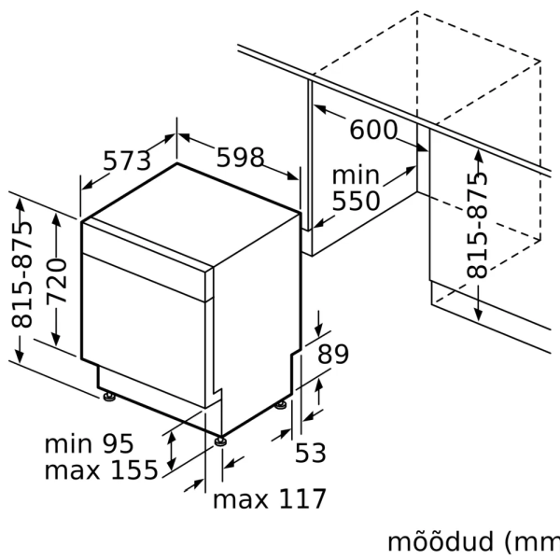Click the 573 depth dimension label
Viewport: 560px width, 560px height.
(x=126, y=161)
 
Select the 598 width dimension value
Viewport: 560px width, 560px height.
(x=240, y=157)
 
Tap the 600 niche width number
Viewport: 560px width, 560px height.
(x=372, y=130)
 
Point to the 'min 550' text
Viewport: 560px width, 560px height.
(x=356, y=189)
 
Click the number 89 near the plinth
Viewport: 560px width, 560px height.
(x=332, y=355)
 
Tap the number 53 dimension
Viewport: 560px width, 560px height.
(x=311, y=453)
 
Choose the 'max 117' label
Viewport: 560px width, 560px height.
(x=270, y=499)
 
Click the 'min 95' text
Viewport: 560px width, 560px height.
(x=89, y=443)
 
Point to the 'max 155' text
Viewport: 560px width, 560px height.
(x=101, y=470)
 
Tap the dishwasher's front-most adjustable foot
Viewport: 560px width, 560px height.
(x=219, y=440)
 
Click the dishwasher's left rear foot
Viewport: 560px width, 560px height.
(x=110, y=398)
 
